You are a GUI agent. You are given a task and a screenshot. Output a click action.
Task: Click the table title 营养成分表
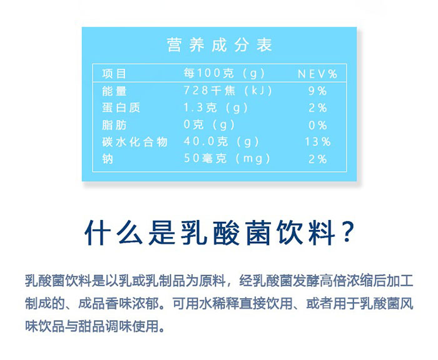coord(219,45)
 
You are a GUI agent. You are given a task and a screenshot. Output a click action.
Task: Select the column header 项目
coord(114,74)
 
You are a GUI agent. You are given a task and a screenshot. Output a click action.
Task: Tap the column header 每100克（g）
coord(224,73)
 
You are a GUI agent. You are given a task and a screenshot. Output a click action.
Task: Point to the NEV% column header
coord(318,74)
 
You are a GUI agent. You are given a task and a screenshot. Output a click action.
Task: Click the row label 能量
coord(114,91)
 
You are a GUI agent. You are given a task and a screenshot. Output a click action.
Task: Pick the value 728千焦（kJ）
coord(227,91)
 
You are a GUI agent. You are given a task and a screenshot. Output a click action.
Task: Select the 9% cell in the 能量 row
coord(317,91)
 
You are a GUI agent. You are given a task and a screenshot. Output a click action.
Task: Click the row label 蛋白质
coord(121,107)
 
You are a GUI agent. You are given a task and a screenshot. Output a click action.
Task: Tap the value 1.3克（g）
coord(215,107)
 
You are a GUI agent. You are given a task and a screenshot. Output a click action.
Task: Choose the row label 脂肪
coord(114,125)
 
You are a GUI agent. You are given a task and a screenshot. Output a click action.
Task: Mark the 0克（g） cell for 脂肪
coord(208,125)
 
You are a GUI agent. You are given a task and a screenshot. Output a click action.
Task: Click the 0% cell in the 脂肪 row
coord(317,125)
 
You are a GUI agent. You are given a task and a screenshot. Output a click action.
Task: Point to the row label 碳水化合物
coord(135,142)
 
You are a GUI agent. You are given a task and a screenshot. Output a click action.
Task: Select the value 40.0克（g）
coord(221,142)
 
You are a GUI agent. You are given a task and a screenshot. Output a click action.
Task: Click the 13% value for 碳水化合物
coord(318,142)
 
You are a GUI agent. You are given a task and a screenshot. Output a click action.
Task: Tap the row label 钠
coord(108,159)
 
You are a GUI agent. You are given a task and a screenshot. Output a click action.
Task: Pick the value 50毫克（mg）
coord(227,159)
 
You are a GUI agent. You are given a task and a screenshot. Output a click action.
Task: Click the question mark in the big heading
coord(347,232)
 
